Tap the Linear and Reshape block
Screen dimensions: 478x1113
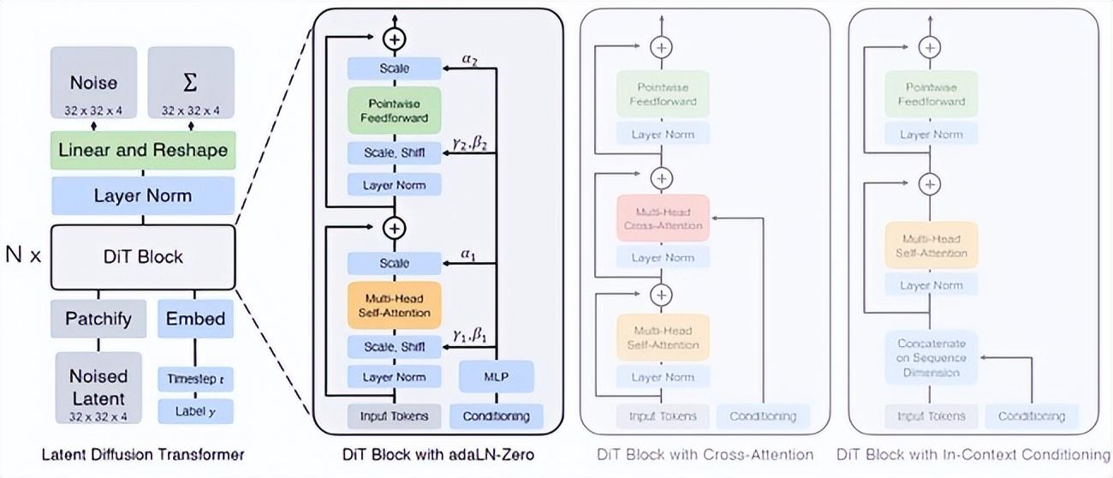point(143,150)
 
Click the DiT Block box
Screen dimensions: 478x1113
point(143,256)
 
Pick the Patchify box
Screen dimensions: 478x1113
point(98,319)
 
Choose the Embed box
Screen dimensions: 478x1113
point(195,319)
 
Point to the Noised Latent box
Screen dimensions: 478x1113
point(98,388)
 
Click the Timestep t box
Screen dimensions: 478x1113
point(195,378)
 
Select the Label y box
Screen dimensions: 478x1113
point(195,411)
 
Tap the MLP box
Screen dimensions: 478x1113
point(496,376)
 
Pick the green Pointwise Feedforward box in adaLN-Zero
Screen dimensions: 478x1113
point(394,110)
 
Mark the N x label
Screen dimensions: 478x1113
point(23,256)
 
